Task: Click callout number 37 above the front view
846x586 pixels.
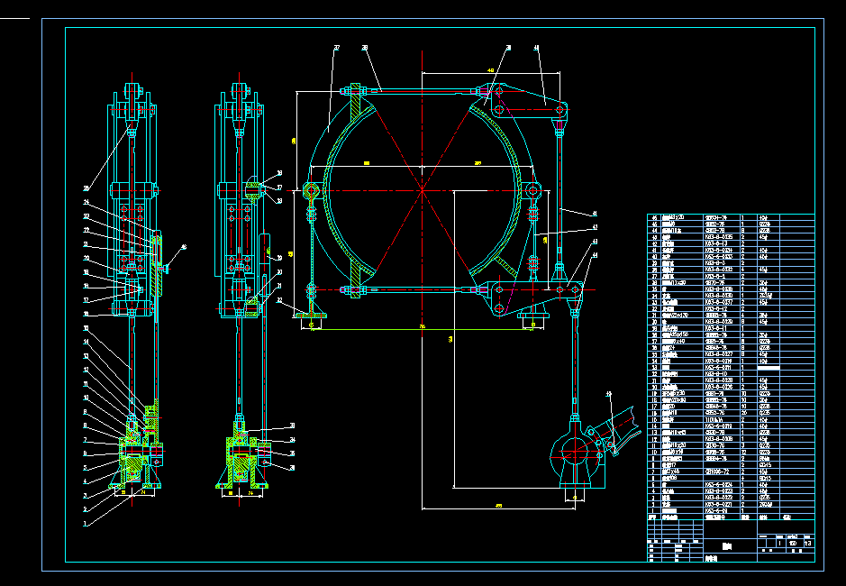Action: [x=337, y=47]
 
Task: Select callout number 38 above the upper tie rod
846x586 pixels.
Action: [x=365, y=47]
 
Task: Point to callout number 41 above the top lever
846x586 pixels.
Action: [x=536, y=47]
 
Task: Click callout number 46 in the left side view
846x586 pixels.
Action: [x=184, y=246]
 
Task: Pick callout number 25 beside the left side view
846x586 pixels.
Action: [x=86, y=188]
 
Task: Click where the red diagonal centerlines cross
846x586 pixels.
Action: [x=422, y=189]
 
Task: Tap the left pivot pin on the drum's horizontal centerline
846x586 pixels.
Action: [x=312, y=190]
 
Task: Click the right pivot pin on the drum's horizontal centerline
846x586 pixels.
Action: [x=533, y=190]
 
